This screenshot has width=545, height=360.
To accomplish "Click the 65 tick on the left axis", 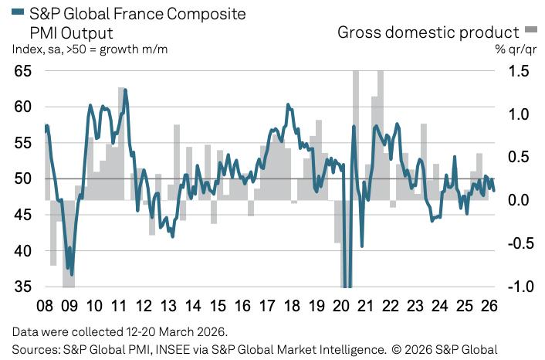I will (22, 71).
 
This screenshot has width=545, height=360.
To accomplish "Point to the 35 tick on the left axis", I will (22, 287).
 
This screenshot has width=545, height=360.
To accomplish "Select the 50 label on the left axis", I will (22, 178).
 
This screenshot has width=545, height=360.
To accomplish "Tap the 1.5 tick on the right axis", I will (518, 71).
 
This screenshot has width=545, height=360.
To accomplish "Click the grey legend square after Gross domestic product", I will (530, 31).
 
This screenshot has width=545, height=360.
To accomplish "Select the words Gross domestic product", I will (428, 32).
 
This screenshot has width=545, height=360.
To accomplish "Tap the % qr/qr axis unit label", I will (516, 49).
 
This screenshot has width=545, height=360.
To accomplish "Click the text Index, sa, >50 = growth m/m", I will (90, 49).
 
